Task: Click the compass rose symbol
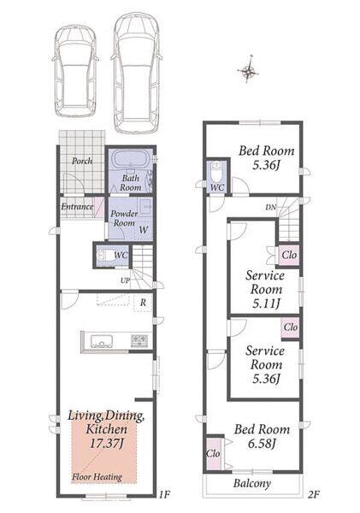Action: [248, 70]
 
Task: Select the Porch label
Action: [82, 161]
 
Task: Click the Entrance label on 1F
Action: [77, 206]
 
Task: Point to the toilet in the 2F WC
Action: [216, 171]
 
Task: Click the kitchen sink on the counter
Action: [101, 341]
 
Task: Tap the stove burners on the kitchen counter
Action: [139, 340]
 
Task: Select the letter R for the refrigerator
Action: [143, 303]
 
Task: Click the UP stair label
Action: [125, 280]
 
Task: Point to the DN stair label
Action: [271, 207]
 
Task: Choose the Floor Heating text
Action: [97, 477]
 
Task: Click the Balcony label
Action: [252, 484]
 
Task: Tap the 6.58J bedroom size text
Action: [262, 444]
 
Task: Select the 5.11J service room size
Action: [266, 304]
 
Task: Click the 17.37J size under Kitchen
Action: [106, 444]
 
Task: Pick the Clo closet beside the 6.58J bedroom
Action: [213, 454]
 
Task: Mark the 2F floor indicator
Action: [313, 494]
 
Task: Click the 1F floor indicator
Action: [165, 494]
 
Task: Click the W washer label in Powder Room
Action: [144, 230]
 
